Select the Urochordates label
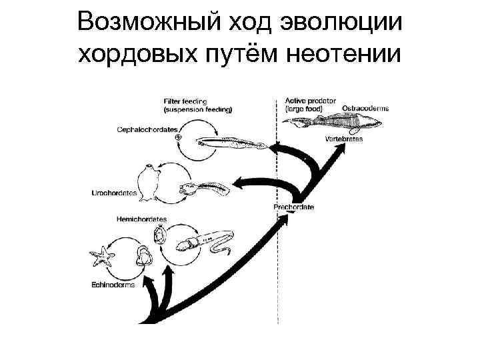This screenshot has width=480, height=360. tap(113, 193)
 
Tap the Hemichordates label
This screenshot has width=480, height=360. tap(141, 219)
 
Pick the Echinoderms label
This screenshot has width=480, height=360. tap(112, 285)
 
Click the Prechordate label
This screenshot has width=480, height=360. tap(293, 207)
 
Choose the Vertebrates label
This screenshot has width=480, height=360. tap(344, 139)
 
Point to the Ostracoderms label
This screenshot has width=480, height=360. tap(365, 107)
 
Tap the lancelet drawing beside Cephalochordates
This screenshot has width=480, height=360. tap(233, 142)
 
